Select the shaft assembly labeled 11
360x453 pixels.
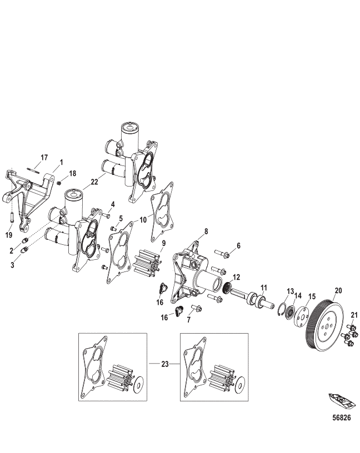coord(256,300)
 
